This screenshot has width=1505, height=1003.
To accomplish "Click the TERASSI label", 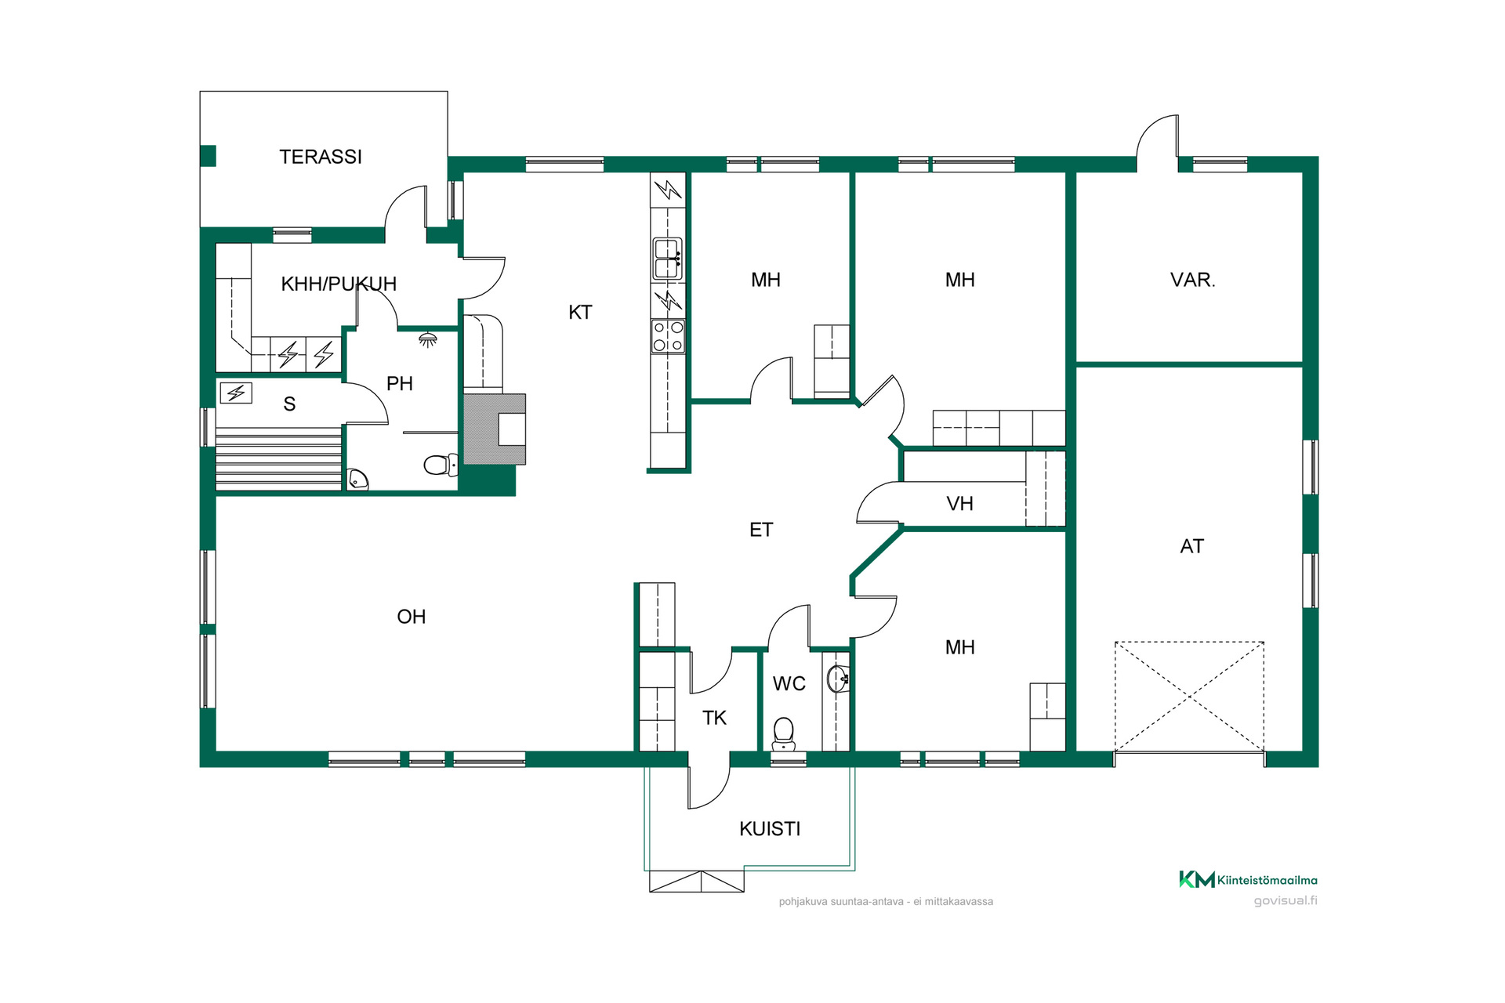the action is pyautogui.click(x=321, y=157).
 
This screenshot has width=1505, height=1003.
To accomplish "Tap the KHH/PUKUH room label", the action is pyautogui.click(x=339, y=284).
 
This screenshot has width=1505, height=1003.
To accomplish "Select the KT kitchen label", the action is pyautogui.click(x=580, y=313).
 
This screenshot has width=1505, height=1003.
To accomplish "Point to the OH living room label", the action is pyautogui.click(x=412, y=617).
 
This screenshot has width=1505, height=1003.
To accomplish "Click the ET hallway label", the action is pyautogui.click(x=761, y=530).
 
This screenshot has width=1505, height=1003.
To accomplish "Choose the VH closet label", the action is pyautogui.click(x=960, y=504).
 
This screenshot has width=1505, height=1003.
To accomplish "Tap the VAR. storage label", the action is pyautogui.click(x=1192, y=280).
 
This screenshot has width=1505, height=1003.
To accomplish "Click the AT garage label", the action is pyautogui.click(x=1192, y=546).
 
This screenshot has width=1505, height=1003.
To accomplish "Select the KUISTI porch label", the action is pyautogui.click(x=770, y=829).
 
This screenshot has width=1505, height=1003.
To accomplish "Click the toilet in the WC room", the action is pyautogui.click(x=784, y=734).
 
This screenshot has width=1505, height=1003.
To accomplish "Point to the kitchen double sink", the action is pyautogui.click(x=668, y=259).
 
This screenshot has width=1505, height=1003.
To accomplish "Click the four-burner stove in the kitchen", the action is pyautogui.click(x=668, y=336).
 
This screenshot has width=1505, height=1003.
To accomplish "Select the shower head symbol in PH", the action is pyautogui.click(x=427, y=339).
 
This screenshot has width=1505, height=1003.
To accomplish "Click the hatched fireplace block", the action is pyautogui.click(x=495, y=429).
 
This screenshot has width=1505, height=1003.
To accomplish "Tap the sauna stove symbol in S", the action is pyautogui.click(x=236, y=393).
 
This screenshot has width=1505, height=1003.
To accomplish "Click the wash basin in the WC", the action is pyautogui.click(x=838, y=679).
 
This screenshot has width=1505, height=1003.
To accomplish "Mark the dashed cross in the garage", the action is pyautogui.click(x=1189, y=697).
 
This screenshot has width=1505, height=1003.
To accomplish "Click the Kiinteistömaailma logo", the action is pyautogui.click(x=1248, y=879).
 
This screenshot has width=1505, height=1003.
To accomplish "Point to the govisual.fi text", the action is pyautogui.click(x=1286, y=901).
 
